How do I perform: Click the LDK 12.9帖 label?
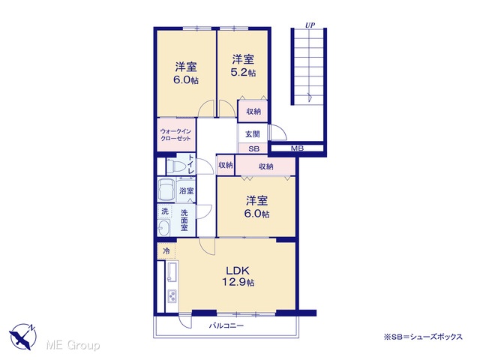[238, 277]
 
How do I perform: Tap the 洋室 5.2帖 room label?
[243, 65]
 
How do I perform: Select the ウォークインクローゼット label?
[175, 135]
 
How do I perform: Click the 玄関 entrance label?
[253, 134]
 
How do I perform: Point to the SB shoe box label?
[253, 149]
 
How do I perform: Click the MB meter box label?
[297, 148]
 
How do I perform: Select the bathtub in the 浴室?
[166, 190]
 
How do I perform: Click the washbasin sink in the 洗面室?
[163, 228]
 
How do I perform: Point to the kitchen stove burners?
[172, 296]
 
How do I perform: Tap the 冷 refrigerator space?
[166, 251]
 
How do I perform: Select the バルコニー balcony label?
[226, 325]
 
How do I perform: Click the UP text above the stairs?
[310, 25]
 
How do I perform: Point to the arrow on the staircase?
[310, 97]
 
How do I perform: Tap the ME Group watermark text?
[73, 346]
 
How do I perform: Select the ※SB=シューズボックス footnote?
[423, 337]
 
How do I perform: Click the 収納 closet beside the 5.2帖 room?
[253, 112]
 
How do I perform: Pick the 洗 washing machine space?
[165, 211]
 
